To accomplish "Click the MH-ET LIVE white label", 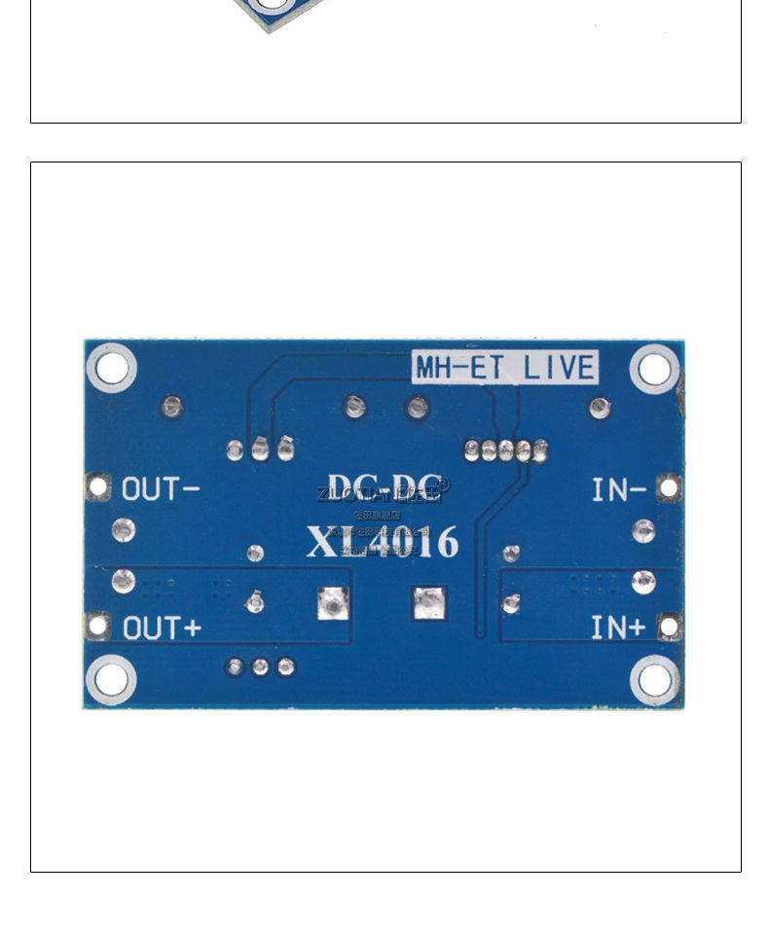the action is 505,368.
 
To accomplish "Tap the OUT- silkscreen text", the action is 161,488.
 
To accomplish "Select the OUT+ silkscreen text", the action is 162,628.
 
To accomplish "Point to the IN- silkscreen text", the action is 618,489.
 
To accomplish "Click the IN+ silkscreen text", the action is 618,628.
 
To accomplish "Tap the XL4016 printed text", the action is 382,542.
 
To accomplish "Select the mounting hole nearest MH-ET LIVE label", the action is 654,369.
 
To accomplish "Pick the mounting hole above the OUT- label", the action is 111,368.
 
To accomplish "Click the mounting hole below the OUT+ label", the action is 111,678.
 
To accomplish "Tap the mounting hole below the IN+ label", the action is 654,678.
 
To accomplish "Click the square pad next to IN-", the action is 669,487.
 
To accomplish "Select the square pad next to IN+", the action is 669,628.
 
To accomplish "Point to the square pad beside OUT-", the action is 97,486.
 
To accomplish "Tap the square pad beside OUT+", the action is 97,626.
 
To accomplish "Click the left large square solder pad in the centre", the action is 333,604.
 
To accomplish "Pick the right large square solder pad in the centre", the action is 427,604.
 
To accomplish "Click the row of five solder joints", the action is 506,449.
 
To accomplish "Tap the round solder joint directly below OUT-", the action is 123,530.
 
